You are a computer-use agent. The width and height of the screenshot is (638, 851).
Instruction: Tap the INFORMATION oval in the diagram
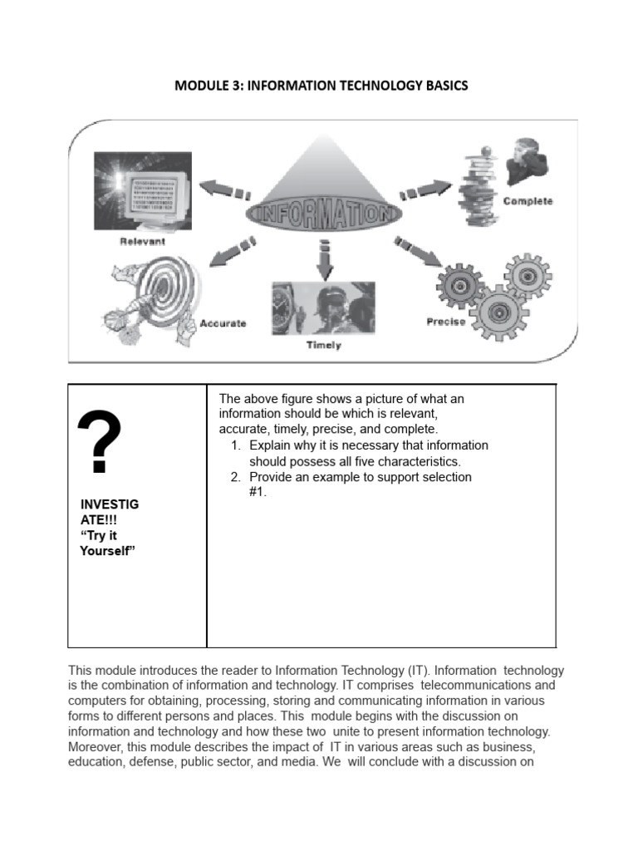[323, 212]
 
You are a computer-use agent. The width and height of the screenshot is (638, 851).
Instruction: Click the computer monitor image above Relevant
[142, 192]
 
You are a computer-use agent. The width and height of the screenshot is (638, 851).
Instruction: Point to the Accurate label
[223, 323]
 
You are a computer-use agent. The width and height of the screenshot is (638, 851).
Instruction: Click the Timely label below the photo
[323, 345]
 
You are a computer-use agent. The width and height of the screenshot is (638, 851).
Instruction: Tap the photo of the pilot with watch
[323, 307]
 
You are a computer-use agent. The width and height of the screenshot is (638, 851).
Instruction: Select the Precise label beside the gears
[446, 322]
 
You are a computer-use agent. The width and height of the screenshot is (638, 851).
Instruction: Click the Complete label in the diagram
[528, 202]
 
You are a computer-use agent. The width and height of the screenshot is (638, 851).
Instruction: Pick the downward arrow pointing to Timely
[323, 260]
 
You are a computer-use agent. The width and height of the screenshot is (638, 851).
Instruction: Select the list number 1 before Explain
[236, 446]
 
